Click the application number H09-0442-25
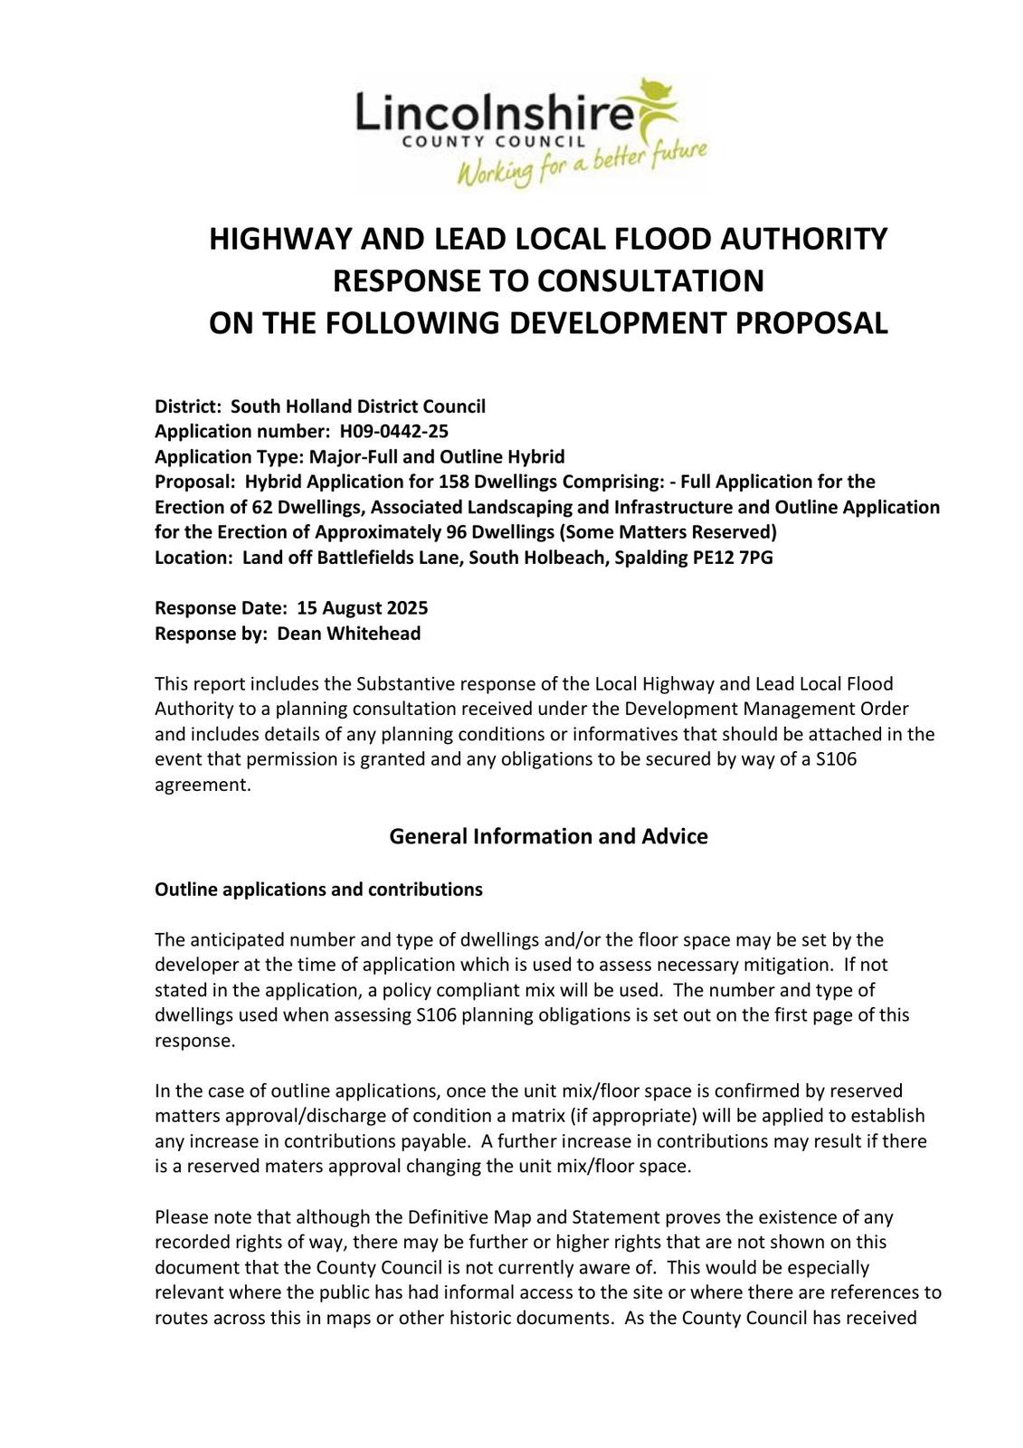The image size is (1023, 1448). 393,431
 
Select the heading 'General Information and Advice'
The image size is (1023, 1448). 548,836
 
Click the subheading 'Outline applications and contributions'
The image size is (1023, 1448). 318,890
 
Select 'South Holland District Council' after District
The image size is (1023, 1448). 358,406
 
